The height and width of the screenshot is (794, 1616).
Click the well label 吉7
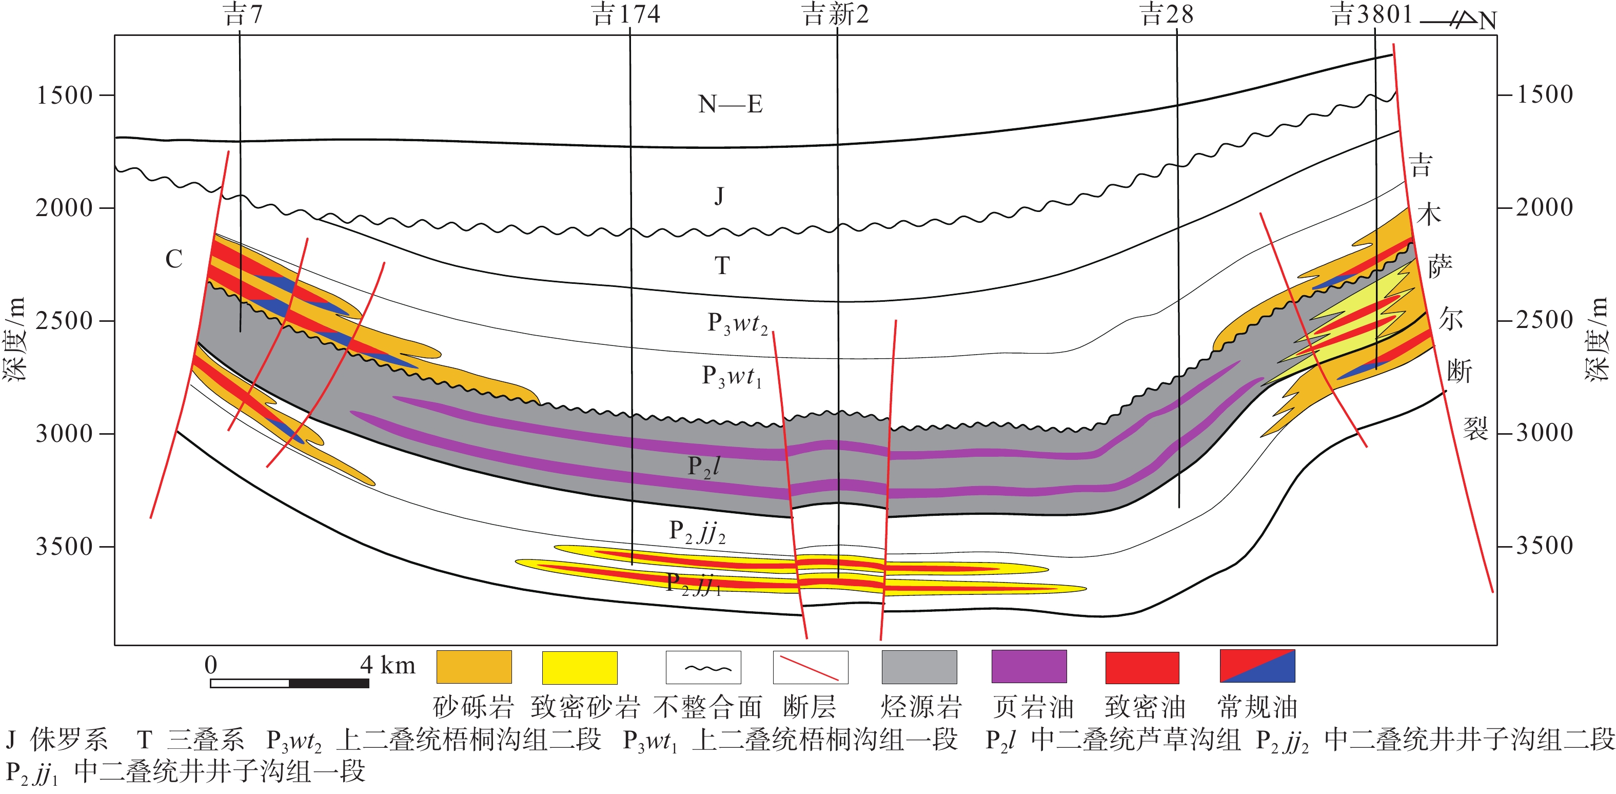click(x=243, y=14)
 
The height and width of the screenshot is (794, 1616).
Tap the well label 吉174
click(x=625, y=14)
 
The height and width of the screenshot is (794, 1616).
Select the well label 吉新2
click(x=836, y=14)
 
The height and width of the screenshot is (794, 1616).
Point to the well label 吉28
click(x=1166, y=14)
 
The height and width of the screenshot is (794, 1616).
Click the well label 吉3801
click(x=1371, y=14)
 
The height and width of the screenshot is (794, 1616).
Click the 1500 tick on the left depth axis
click(x=65, y=95)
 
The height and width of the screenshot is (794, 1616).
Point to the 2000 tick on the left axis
click(x=65, y=208)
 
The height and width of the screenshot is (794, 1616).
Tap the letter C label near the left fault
click(x=174, y=259)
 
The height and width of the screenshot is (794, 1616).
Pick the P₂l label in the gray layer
click(x=703, y=467)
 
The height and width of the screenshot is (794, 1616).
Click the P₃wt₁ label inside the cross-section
click(x=732, y=377)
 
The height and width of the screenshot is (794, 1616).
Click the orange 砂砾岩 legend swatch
click(x=474, y=667)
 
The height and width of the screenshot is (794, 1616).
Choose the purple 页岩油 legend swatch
click(x=1029, y=667)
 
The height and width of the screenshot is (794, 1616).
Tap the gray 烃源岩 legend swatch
click(x=919, y=667)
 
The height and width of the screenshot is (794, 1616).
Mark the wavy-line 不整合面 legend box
click(x=703, y=667)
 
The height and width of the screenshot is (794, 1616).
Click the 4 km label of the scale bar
click(x=388, y=665)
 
